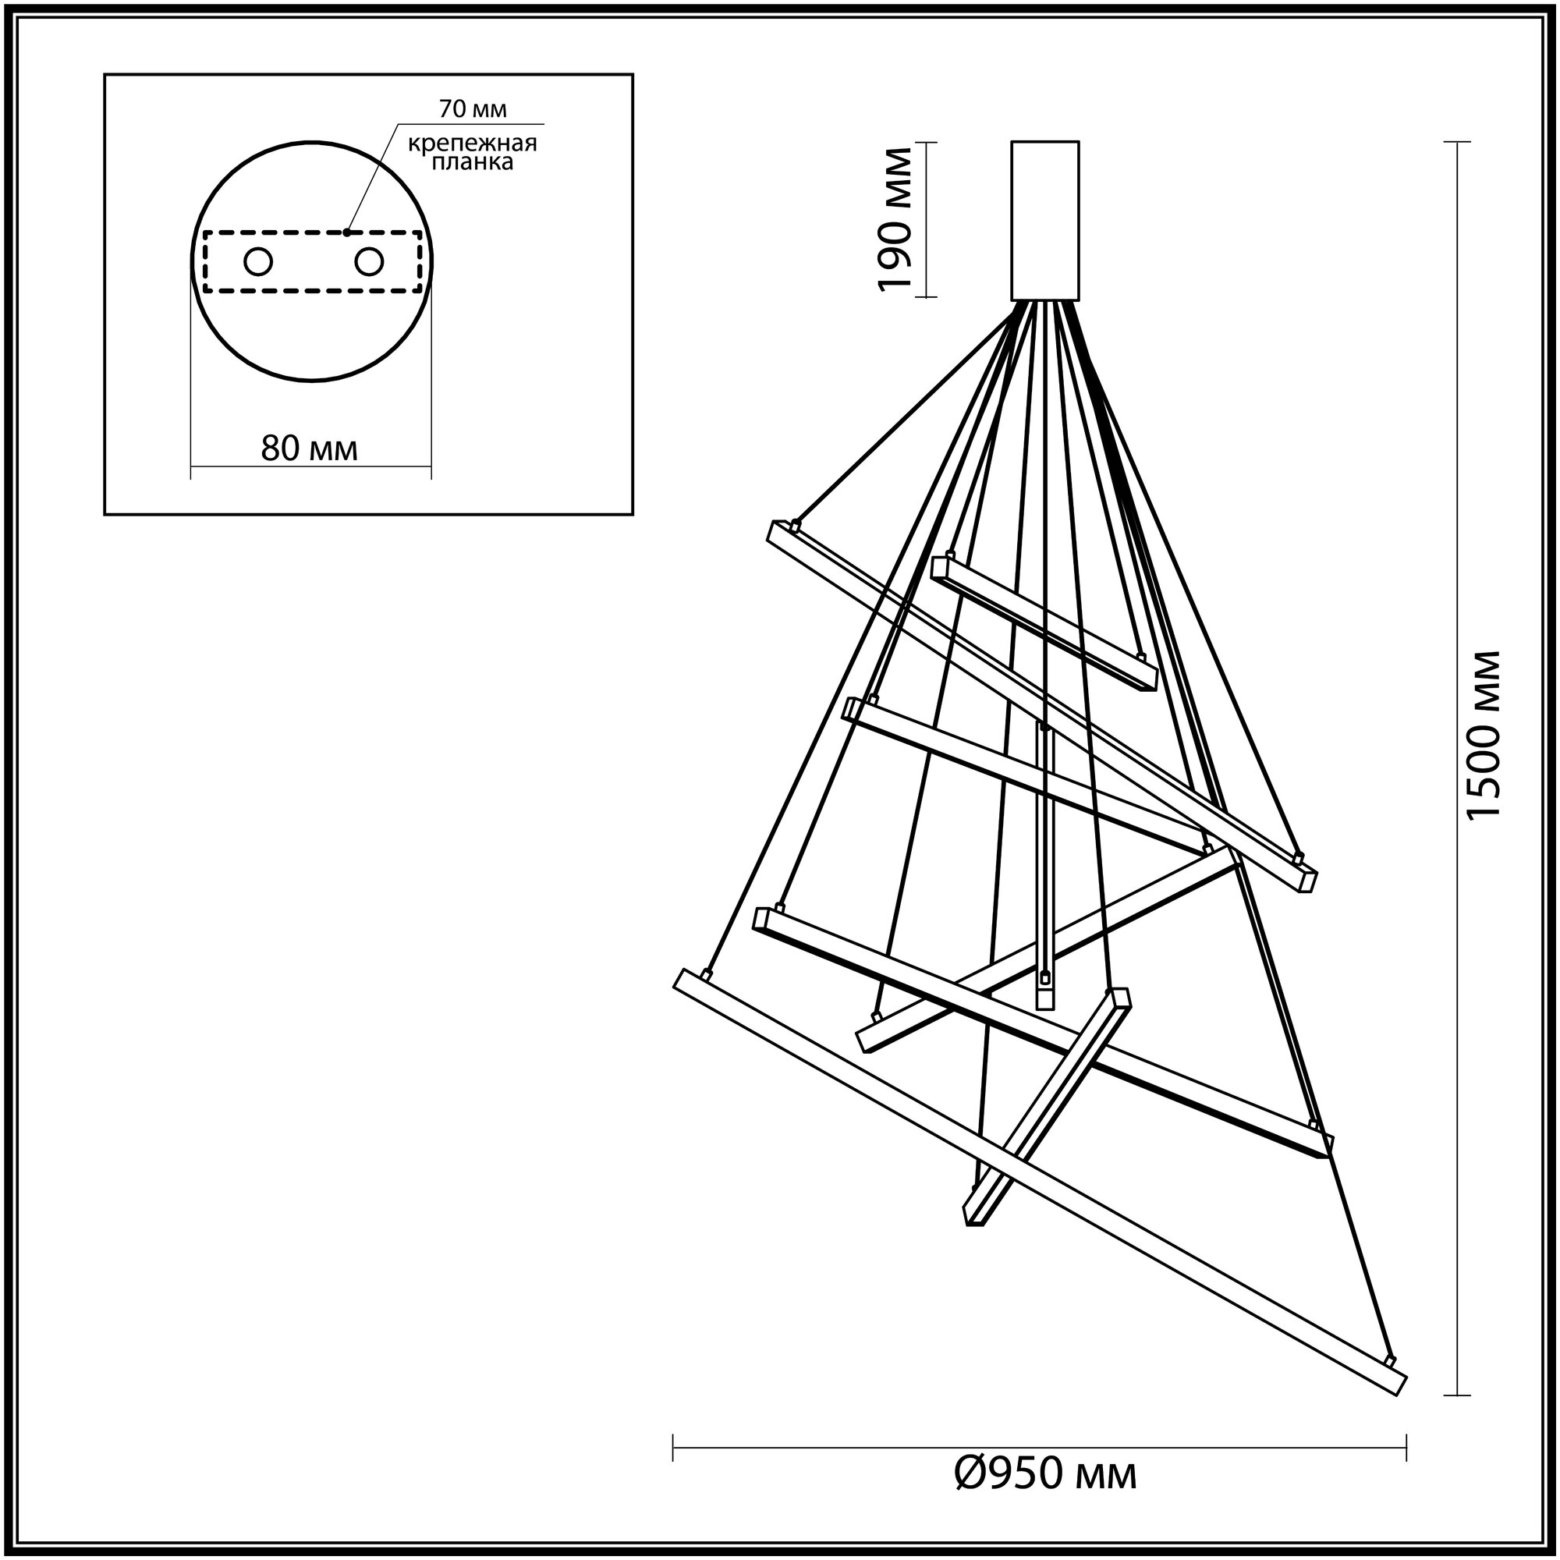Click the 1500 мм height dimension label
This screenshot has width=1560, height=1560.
(x=1484, y=746)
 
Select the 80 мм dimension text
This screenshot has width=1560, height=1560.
(x=309, y=448)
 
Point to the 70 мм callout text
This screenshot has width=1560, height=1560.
(x=473, y=109)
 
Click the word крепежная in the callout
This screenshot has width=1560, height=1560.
(x=473, y=144)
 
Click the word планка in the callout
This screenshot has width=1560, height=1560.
(x=473, y=163)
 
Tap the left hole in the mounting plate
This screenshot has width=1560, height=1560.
(x=258, y=261)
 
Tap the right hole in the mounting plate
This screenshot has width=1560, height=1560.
(x=368, y=261)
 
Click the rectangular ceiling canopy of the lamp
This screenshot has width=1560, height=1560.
(x=1045, y=221)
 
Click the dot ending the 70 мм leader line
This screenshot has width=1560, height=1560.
(x=346, y=232)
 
